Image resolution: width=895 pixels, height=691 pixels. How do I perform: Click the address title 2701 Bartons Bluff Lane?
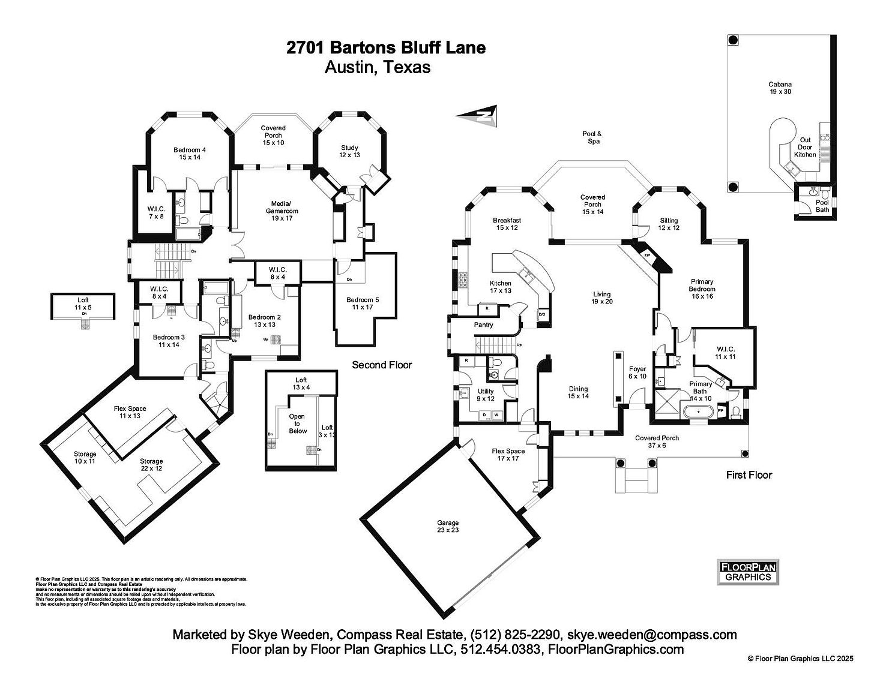(x=386, y=48)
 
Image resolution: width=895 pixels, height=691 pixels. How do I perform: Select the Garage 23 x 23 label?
(x=448, y=526)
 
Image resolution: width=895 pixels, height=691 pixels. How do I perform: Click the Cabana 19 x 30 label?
(x=780, y=88)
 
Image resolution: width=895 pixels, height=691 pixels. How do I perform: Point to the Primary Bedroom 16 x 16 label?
(x=702, y=289)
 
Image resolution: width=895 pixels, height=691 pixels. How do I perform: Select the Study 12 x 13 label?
(x=349, y=151)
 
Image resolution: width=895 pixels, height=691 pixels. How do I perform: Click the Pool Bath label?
(x=822, y=206)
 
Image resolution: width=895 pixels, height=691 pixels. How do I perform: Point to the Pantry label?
(x=483, y=325)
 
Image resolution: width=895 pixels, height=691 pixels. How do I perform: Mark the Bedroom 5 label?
(x=363, y=304)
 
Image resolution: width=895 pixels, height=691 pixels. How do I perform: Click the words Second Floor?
(x=382, y=365)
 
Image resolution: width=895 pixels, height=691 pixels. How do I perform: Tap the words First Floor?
(x=749, y=474)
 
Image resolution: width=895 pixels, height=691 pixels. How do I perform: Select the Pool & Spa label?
(x=591, y=137)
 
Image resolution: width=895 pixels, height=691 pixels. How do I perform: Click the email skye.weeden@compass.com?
(x=652, y=635)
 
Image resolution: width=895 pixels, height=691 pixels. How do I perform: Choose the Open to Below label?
(x=297, y=423)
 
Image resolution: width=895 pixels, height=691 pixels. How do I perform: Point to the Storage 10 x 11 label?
(x=85, y=458)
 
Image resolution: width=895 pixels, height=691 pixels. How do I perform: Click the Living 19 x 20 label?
(x=601, y=298)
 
